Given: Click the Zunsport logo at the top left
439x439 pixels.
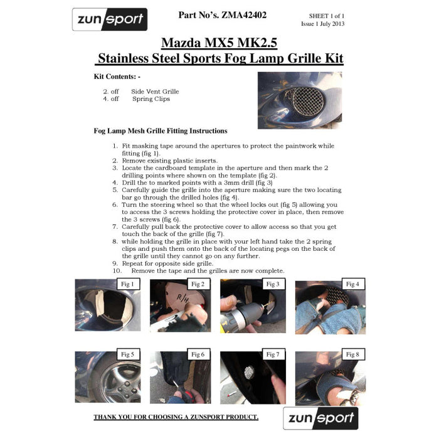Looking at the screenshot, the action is [110, 19].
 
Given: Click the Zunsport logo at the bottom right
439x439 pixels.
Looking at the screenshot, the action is [320, 418].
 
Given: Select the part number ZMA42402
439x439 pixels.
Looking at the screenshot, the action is [244, 15].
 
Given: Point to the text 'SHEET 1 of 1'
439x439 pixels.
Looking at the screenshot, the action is [327, 16].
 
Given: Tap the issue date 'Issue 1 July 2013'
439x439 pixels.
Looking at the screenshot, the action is [322, 24].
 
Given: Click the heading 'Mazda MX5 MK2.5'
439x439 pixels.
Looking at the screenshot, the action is [219, 43].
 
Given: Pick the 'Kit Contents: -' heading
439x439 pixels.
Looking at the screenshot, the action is [117, 77].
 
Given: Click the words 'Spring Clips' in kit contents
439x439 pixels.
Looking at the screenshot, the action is [151, 99].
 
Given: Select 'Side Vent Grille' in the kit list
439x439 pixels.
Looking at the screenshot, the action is [155, 92].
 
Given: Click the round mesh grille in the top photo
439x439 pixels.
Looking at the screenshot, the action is [308, 101].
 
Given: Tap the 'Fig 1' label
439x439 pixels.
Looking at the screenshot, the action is [128, 284].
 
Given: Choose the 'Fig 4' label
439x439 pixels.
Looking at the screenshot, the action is [353, 284].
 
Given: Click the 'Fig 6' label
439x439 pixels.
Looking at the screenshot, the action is [198, 354].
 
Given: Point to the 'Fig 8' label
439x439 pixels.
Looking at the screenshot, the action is [353, 354].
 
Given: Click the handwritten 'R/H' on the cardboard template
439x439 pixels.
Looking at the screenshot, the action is [182, 299].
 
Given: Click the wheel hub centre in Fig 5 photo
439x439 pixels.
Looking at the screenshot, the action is [126, 387].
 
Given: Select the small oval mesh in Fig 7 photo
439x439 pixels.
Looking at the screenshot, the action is [249, 373].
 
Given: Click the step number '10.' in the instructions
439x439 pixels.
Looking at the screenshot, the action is [117, 271].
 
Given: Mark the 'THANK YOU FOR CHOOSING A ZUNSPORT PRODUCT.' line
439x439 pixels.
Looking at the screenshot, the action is [176, 417].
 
